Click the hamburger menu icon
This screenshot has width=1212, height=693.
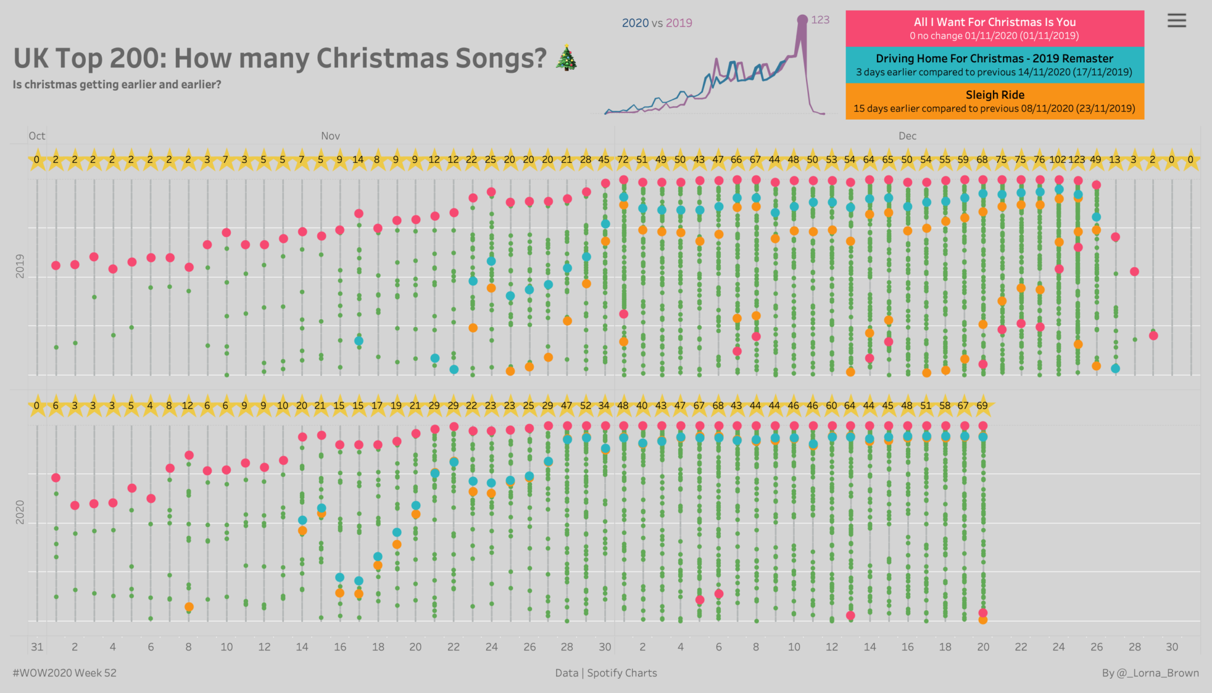(1176, 21)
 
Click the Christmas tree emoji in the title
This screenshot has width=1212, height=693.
(567, 57)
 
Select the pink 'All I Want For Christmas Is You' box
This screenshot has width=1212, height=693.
(994, 28)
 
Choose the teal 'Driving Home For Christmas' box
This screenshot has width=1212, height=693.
(994, 65)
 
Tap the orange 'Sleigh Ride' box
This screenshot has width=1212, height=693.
(994, 101)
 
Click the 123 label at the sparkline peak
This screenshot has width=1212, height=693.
(820, 20)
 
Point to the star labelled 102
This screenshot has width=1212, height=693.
(1058, 160)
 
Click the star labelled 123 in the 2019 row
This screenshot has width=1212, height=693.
(1077, 160)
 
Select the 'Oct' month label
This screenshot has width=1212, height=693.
(37, 136)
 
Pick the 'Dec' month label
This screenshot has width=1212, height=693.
(907, 136)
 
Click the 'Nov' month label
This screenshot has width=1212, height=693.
(330, 136)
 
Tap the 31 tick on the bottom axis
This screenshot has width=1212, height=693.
(37, 647)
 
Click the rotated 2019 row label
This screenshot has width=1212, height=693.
(20, 266)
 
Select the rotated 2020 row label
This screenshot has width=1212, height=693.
(20, 512)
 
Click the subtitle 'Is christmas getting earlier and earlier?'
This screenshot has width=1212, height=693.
(117, 85)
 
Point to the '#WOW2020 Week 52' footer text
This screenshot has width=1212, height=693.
(65, 673)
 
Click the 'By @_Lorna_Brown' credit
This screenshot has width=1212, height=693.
(1150, 673)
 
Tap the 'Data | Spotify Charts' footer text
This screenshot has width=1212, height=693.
(606, 673)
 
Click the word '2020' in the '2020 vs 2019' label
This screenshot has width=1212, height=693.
(635, 23)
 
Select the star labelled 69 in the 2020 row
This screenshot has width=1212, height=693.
(982, 406)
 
